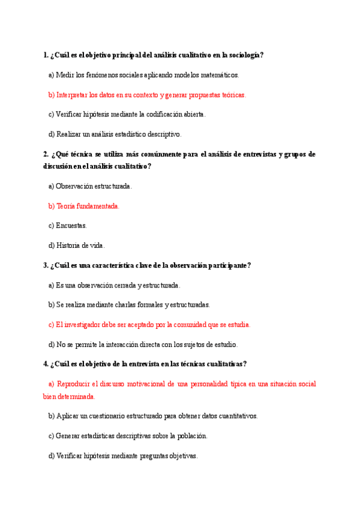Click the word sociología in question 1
pos(245,55)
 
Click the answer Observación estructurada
pos(94,186)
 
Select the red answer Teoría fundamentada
pos(88,206)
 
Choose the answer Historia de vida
pos(80,245)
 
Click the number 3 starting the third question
pos(46,265)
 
